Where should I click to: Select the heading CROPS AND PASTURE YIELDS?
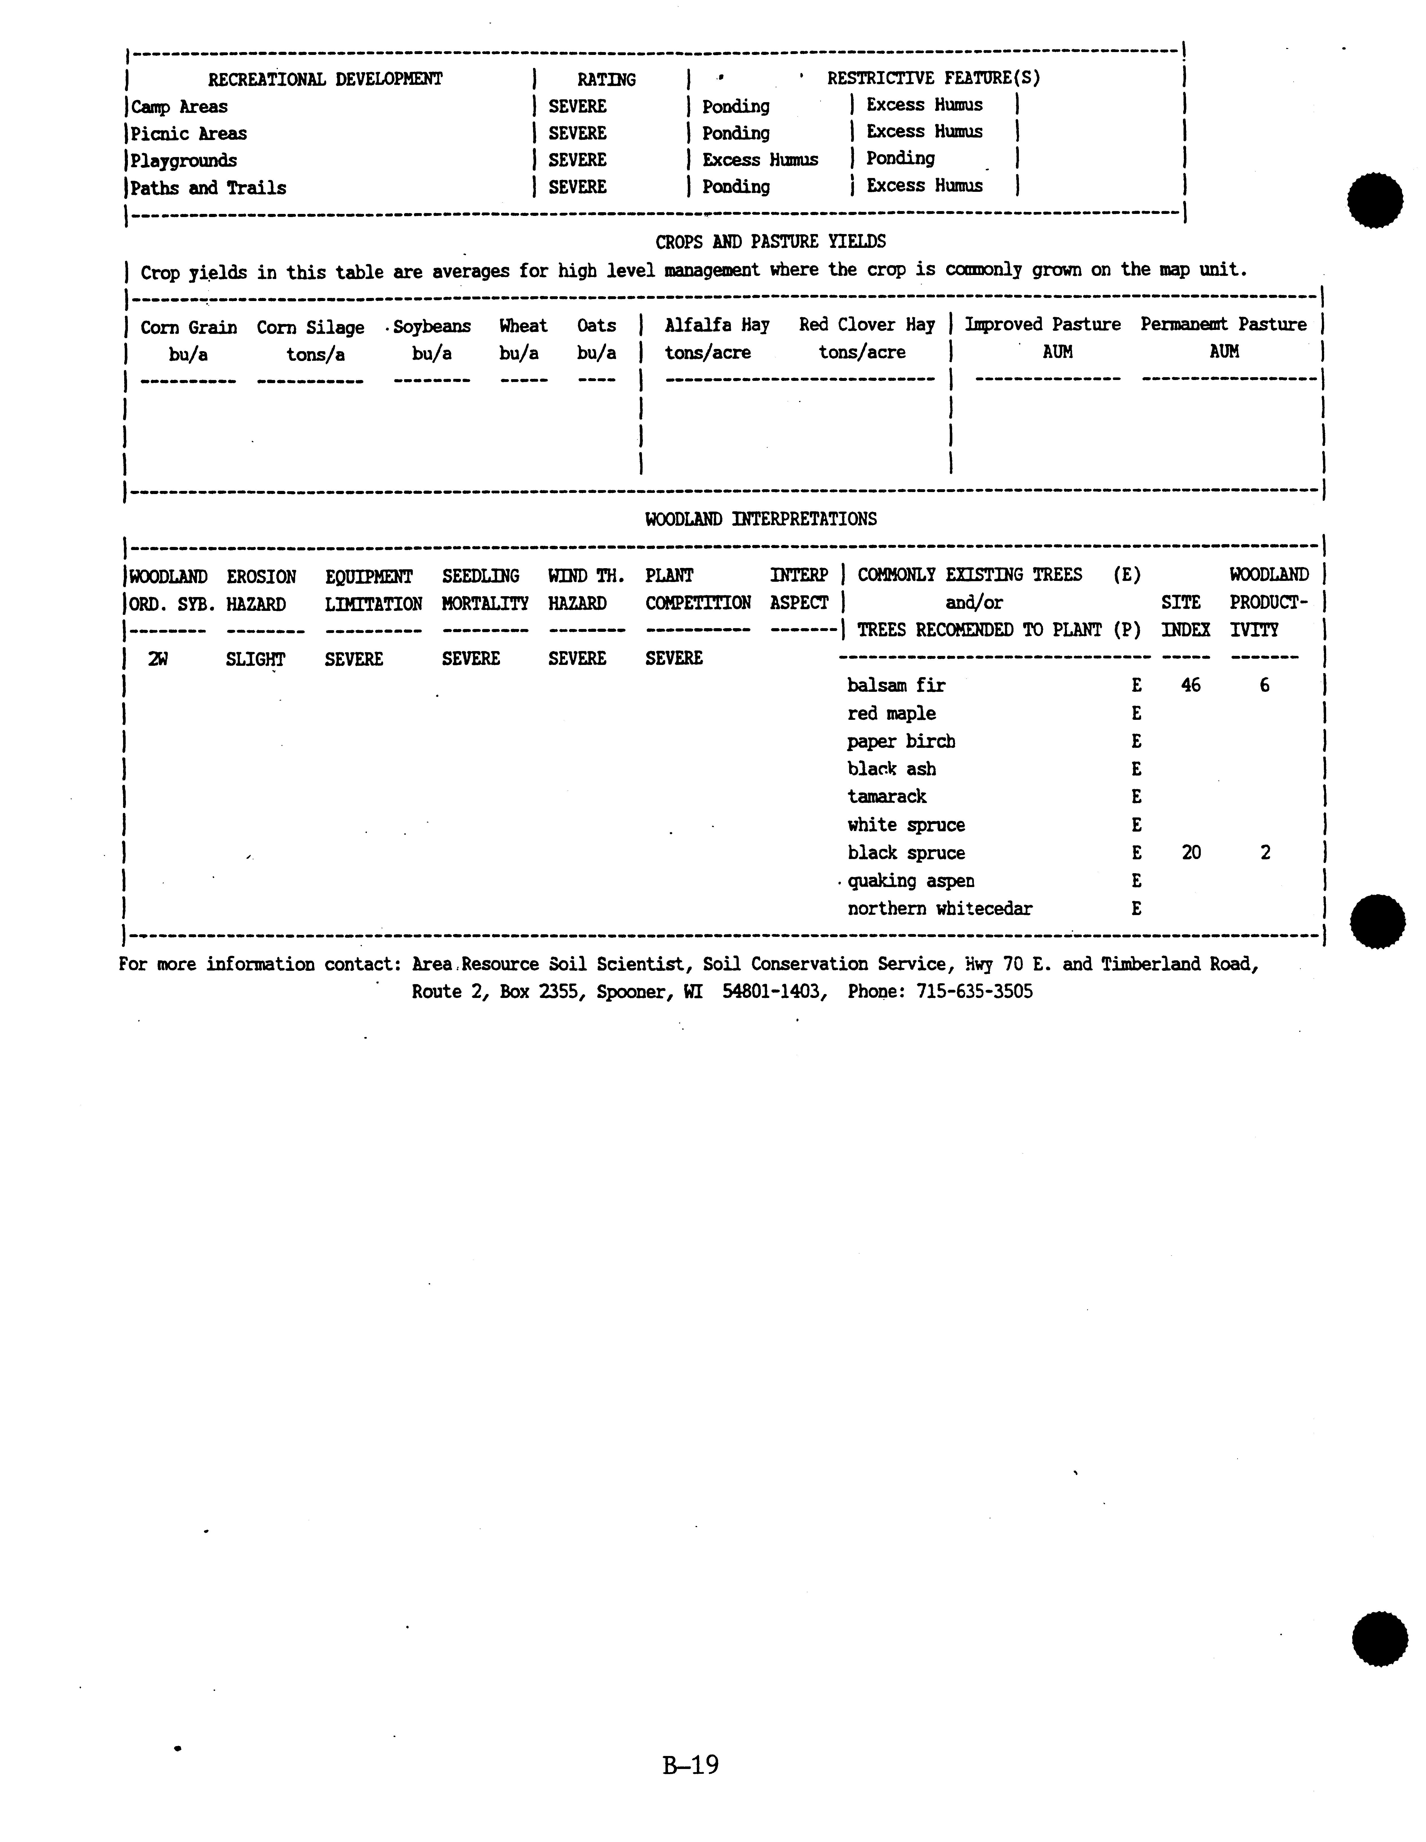tap(770, 242)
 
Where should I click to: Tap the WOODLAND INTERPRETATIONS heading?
tap(761, 519)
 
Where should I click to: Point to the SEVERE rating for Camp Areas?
tap(577, 106)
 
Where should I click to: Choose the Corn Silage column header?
tap(310, 327)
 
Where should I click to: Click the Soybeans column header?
tap(432, 327)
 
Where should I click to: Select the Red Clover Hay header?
tap(867, 325)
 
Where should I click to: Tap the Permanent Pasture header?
tap(1223, 325)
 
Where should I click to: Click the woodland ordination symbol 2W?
tap(158, 659)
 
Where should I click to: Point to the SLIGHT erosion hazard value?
tap(255, 659)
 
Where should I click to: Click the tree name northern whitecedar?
tap(939, 908)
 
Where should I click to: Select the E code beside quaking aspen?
tap(1136, 881)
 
